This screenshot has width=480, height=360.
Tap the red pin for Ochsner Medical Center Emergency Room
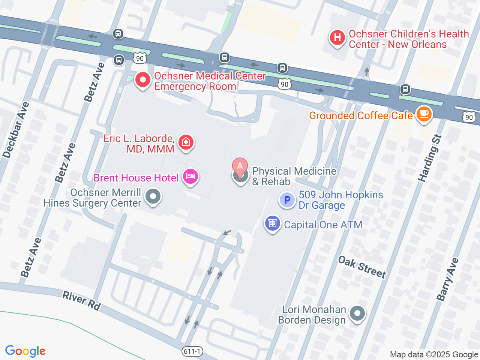142,80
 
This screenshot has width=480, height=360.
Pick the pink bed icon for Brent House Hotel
190,177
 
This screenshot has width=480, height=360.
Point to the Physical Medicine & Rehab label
294,176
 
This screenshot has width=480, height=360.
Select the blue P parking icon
287,200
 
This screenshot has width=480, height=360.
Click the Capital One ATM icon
272,223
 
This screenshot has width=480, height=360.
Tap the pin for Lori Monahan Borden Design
357,313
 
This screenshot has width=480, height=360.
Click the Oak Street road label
362,267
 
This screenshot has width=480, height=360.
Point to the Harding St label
430,158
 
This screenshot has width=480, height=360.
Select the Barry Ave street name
447,279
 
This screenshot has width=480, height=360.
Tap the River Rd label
81,301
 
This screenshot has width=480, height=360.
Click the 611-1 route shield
192,351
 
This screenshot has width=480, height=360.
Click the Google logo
25,351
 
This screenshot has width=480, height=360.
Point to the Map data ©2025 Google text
434,354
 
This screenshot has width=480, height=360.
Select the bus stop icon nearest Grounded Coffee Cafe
405,89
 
